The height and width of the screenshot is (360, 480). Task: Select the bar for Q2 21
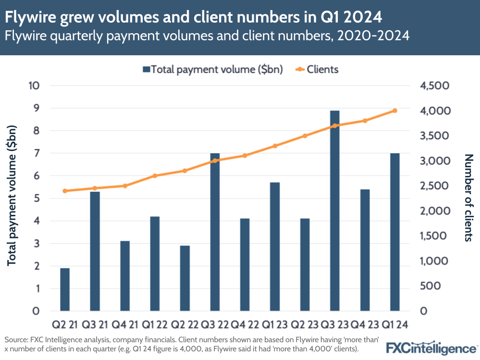[65, 289]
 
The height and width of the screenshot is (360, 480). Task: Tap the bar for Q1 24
[394, 232]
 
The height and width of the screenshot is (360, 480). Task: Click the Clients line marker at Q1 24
[394, 111]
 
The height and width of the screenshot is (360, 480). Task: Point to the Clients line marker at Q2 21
[65, 191]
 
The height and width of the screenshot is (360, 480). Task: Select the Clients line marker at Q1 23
[275, 146]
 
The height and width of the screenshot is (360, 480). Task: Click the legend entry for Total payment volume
[213, 69]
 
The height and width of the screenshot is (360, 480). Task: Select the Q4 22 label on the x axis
[245, 325]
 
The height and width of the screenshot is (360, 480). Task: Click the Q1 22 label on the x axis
[155, 325]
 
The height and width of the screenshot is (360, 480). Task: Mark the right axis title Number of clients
[468, 198]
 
